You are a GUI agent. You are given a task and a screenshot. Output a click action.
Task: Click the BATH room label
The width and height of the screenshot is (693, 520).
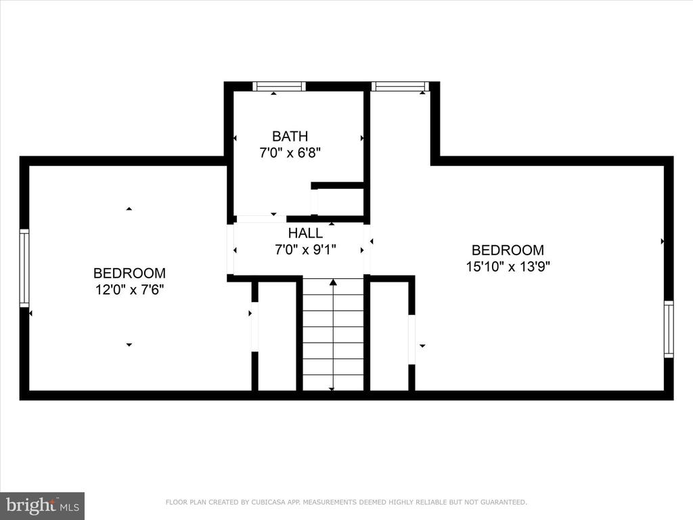(290, 136)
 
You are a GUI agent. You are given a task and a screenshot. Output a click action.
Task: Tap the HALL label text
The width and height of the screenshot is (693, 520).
(305, 233)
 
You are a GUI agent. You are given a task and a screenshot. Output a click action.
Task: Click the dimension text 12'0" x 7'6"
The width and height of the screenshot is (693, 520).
(129, 290)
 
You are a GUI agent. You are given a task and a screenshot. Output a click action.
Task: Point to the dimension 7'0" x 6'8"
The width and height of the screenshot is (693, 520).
(290, 153)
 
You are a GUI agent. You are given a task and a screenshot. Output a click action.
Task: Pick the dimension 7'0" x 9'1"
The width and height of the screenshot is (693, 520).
(305, 251)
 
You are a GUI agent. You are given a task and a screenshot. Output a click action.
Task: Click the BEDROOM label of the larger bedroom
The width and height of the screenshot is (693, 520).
(508, 251)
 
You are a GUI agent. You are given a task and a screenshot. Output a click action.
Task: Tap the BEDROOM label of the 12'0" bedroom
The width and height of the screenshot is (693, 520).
(129, 274)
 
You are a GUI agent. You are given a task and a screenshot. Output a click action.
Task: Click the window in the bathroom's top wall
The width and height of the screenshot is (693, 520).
(279, 86)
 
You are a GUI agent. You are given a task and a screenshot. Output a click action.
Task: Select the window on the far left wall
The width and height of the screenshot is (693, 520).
(24, 268)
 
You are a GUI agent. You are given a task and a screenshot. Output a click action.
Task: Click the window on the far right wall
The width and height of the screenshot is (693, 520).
(669, 329)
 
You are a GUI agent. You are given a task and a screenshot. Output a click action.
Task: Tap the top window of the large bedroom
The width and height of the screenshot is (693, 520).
(400, 86)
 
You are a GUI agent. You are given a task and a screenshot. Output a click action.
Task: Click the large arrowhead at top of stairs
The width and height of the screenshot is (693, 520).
(333, 282)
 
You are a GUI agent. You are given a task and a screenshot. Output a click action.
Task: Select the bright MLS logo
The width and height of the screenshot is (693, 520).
(43, 505)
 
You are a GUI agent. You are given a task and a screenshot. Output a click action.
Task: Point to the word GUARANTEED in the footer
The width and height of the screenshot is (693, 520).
(504, 502)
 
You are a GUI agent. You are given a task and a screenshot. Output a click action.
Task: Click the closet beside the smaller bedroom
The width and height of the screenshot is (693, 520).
(277, 336)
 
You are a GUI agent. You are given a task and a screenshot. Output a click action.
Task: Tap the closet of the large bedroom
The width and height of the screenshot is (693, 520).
(389, 336)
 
